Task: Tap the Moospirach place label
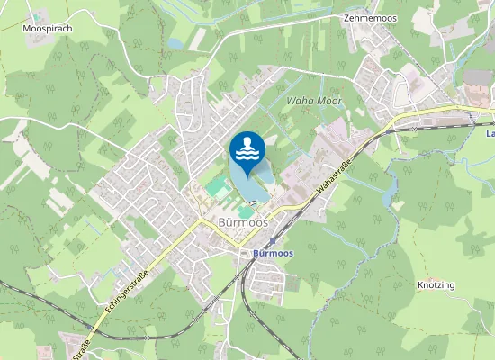click(46, 28)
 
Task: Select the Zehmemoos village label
click(370, 17)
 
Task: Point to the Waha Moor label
click(313, 102)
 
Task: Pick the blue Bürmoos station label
click(273, 254)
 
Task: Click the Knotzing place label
click(436, 285)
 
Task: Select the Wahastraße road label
click(333, 178)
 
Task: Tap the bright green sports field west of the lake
click(218, 187)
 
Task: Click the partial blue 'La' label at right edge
click(490, 134)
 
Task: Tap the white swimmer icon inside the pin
click(247, 148)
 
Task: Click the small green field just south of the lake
click(245, 211)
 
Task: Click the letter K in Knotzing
click(420, 285)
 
